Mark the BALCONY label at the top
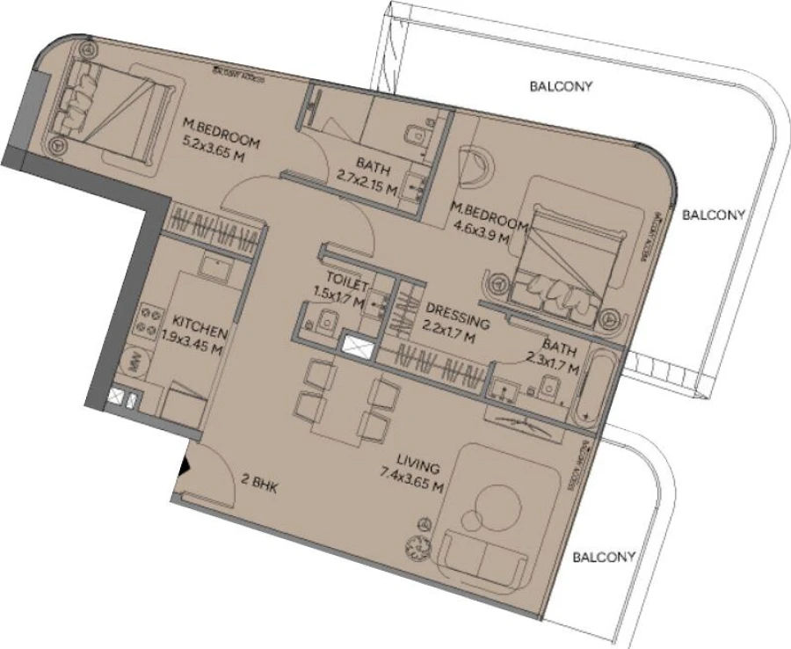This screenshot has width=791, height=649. pos(561,86)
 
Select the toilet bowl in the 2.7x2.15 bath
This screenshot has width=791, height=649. pos(413,134)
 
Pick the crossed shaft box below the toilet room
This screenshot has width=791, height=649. pos(359,348)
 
